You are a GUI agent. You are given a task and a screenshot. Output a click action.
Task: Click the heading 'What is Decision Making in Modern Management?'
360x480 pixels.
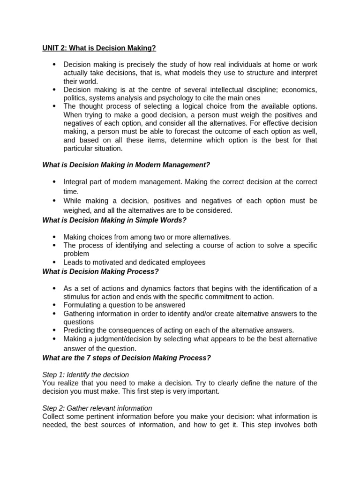pyautogui.click(x=126, y=165)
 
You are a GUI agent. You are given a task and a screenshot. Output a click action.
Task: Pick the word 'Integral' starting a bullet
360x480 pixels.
pyautogui.click(x=76, y=182)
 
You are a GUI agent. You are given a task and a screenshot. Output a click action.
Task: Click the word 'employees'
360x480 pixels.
pyautogui.click(x=187, y=262)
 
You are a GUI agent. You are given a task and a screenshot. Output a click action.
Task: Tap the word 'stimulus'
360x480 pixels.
pyautogui.click(x=78, y=297)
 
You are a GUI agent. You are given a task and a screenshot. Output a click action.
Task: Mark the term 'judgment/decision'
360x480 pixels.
pyautogui.click(x=123, y=339)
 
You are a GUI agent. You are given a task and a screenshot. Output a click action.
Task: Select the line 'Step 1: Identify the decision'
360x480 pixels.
pyautogui.click(x=85, y=375)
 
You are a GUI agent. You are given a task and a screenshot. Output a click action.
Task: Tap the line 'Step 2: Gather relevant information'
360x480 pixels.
pyautogui.click(x=97, y=408)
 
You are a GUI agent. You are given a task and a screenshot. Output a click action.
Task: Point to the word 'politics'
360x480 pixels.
pyautogui.click(x=75, y=98)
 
